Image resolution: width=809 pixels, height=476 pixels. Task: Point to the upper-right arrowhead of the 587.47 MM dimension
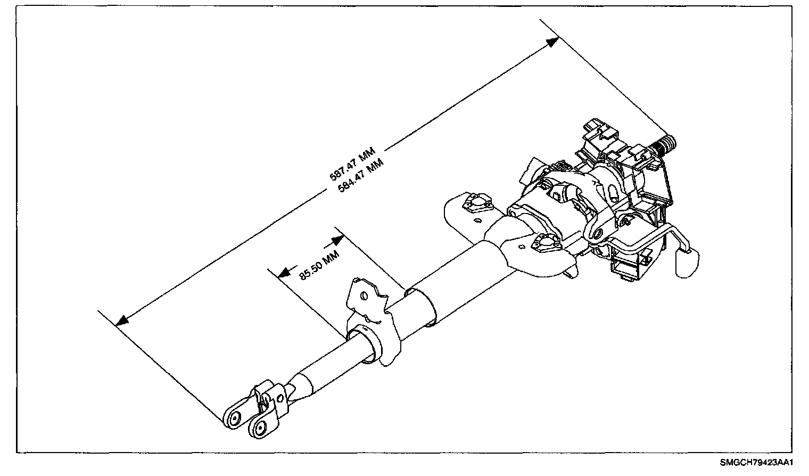pos(554,42)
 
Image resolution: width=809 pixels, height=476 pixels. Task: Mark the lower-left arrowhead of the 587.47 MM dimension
pos(122,321)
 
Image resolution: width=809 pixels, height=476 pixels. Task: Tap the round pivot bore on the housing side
pos(597,233)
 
